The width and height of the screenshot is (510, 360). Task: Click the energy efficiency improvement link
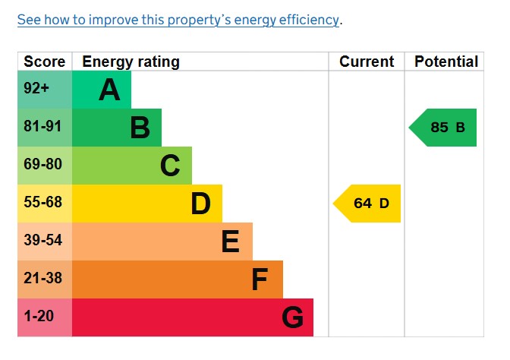(x=178, y=20)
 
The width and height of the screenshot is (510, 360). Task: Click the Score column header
(x=45, y=62)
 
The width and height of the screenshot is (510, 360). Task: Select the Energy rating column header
(x=131, y=62)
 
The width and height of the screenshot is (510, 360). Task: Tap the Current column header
(x=367, y=62)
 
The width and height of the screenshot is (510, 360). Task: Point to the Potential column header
(x=446, y=62)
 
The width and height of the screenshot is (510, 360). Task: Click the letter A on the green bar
(x=109, y=90)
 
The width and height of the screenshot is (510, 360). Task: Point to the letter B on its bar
(x=140, y=128)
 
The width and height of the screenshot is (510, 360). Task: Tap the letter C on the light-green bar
(x=170, y=166)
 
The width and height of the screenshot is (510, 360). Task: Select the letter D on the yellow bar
(x=200, y=204)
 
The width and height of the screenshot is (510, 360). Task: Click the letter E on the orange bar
(x=230, y=242)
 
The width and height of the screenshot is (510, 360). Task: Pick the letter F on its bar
(x=260, y=280)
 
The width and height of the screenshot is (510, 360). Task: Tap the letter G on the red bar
(x=292, y=318)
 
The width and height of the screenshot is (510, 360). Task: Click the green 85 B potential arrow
(x=445, y=128)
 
